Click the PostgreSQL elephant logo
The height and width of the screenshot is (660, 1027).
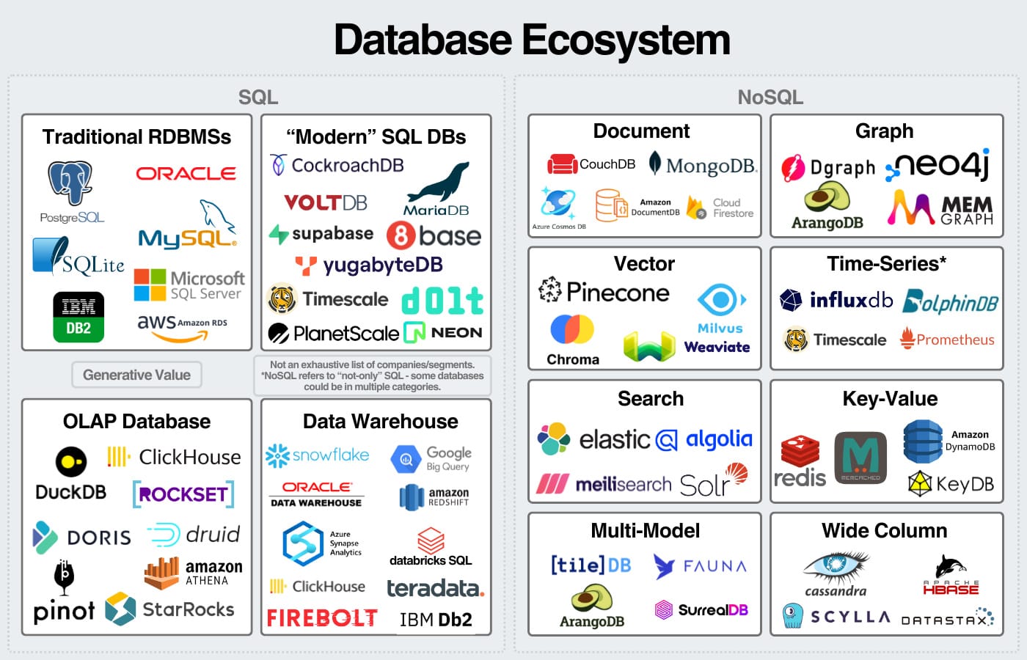(70, 182)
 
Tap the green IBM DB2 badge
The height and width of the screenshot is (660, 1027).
(78, 317)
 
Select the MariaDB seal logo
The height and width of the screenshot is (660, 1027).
(438, 183)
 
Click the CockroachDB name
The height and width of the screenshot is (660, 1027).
(347, 165)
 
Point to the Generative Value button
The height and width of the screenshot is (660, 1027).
(136, 375)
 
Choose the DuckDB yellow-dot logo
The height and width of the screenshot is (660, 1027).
(71, 462)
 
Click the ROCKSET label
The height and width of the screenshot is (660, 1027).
(183, 494)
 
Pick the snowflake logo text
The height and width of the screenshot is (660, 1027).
(330, 455)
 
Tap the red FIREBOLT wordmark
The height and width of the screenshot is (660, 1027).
(322, 618)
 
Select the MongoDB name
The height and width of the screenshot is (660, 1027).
(710, 166)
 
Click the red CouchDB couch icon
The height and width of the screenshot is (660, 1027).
(563, 164)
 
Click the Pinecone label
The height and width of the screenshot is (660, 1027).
(618, 293)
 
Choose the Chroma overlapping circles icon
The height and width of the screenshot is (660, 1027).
(572, 329)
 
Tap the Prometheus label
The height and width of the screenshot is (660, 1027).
(955, 340)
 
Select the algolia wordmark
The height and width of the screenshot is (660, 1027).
(719, 439)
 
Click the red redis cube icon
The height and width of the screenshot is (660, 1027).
(800, 450)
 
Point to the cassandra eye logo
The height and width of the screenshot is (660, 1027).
(836, 566)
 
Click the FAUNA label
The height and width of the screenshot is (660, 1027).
(714, 566)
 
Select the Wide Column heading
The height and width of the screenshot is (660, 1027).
(884, 531)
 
